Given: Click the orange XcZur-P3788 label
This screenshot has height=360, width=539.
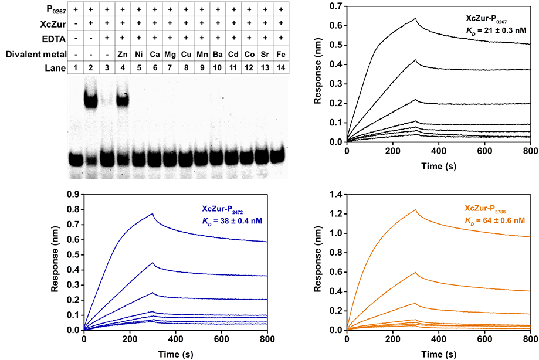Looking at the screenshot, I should click(x=491, y=209).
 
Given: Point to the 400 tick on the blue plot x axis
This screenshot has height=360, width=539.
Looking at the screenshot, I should click(x=175, y=339).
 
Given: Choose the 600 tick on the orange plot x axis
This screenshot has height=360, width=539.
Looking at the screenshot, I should click(x=484, y=339).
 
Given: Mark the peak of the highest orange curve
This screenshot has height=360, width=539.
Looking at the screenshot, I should click(x=416, y=209).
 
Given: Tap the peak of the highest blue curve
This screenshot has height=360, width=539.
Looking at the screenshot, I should click(x=152, y=213).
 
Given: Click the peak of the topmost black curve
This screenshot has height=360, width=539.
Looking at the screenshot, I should click(x=416, y=18).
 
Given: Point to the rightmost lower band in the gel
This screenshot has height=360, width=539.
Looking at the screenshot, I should click(x=276, y=157).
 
